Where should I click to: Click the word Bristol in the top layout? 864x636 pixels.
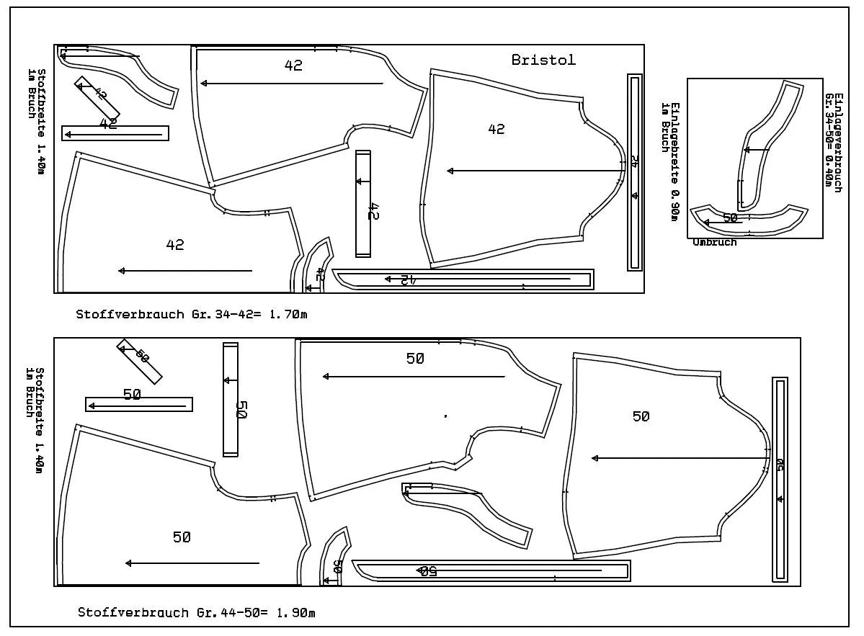(x=543, y=60)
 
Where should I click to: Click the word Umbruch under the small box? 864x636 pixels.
(x=715, y=243)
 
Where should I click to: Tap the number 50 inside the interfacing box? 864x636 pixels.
(x=730, y=217)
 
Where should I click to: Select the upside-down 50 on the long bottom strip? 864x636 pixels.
(x=427, y=571)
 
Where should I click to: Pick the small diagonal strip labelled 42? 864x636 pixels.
(x=97, y=96)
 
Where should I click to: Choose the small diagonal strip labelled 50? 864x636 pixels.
(x=139, y=361)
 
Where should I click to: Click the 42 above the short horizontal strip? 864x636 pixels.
(x=108, y=124)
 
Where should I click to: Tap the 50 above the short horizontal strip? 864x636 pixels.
(x=132, y=394)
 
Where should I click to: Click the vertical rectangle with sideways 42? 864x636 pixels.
(x=363, y=204)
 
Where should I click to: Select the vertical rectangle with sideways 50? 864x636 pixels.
(x=231, y=400)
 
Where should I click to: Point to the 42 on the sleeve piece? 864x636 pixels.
(x=496, y=129)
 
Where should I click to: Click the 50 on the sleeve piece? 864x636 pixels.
(x=641, y=416)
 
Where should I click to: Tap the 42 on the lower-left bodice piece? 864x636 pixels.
(x=175, y=245)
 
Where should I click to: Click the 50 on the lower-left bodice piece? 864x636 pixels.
(x=182, y=537)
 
